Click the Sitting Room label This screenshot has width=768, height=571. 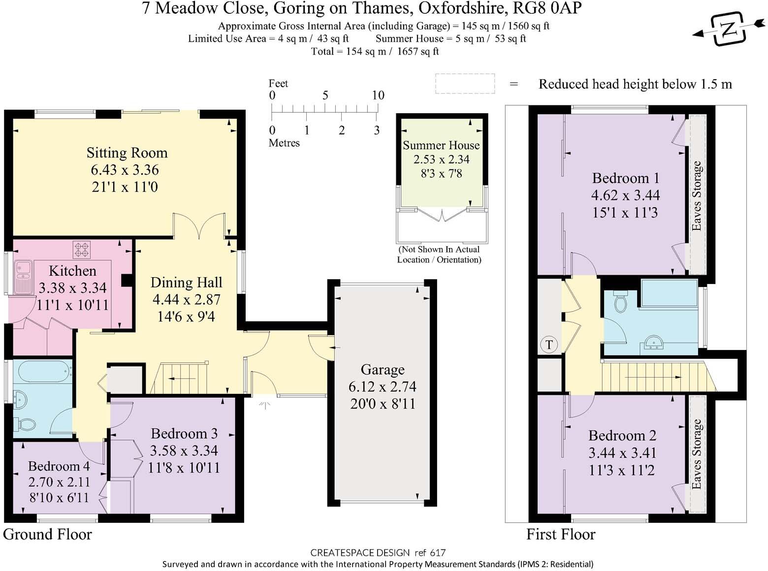(x=127, y=153)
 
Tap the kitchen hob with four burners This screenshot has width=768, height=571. (x=82, y=249)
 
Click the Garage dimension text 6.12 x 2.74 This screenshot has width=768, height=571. (x=383, y=387)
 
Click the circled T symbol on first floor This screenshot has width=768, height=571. (x=549, y=345)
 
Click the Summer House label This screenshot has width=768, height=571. (x=441, y=146)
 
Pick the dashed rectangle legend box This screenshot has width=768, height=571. (x=465, y=84)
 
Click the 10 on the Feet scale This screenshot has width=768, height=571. (x=378, y=95)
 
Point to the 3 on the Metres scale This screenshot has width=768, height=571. (x=377, y=130)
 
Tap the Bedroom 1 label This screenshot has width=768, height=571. (x=625, y=178)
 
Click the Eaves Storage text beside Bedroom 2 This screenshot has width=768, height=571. (x=696, y=454)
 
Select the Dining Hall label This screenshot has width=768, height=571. (x=186, y=283)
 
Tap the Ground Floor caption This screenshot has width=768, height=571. (x=48, y=535)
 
